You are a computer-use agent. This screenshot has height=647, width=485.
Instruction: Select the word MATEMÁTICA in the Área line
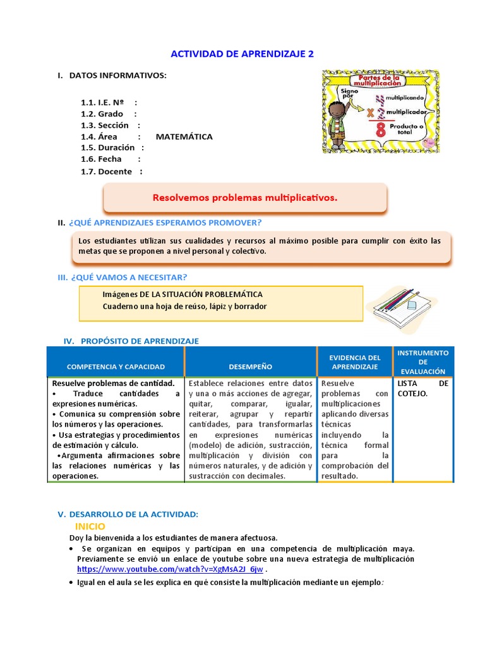coord(184,136)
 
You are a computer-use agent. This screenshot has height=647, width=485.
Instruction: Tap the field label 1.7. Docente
coord(107,171)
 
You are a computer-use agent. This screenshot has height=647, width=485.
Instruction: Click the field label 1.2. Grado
coord(102,114)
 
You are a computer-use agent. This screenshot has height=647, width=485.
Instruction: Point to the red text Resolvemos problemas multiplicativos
coord(245,198)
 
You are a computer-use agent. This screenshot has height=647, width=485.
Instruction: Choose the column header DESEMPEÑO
coord(251,366)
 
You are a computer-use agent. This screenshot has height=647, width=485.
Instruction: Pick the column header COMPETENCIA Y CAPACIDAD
coord(116,366)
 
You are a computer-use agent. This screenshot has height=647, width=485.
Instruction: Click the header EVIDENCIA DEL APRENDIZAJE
coord(355,362)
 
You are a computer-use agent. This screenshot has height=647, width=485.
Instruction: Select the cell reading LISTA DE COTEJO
coord(422,389)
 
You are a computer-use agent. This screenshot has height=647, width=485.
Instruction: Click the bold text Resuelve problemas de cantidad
coord(112,384)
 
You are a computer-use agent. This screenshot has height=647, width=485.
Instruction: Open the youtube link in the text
coord(170,569)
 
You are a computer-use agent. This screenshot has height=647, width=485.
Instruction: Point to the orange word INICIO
coord(90,526)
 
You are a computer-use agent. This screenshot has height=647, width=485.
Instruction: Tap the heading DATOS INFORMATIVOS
coord(117,76)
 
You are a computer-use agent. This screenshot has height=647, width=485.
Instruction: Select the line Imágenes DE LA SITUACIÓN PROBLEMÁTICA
coord(183,294)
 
